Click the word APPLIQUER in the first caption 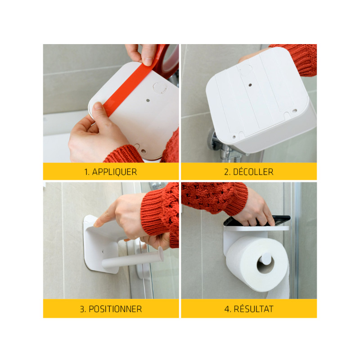[x=114, y=172]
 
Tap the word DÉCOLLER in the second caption [x=253, y=172]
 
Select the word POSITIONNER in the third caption [x=115, y=309]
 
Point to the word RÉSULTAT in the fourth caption [x=253, y=309]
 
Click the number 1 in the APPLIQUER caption [x=86, y=172]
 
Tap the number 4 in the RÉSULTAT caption [x=227, y=309]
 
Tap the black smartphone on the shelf [x=257, y=221]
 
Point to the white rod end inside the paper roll [x=266, y=258]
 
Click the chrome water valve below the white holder [x=225, y=147]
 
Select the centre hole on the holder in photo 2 [x=250, y=85]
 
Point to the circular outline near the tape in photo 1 [x=160, y=87]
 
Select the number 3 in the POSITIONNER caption [x=82, y=309]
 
